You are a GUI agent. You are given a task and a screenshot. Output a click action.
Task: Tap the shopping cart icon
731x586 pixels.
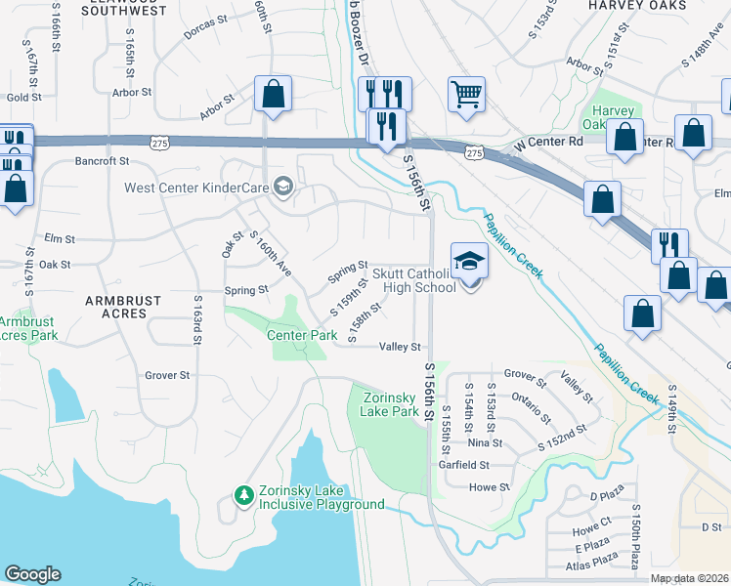467,96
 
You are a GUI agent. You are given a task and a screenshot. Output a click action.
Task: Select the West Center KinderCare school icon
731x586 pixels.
283,186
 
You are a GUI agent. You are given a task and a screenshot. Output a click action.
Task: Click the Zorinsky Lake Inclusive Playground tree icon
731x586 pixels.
243,496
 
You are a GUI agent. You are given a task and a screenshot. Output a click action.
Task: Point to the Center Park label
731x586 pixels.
302,335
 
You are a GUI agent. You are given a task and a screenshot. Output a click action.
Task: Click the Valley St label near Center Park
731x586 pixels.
400,347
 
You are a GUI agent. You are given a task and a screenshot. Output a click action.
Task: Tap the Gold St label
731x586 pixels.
22,98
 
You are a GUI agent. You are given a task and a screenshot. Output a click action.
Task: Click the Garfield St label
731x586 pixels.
477,467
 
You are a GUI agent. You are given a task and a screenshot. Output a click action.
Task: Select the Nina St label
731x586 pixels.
490,441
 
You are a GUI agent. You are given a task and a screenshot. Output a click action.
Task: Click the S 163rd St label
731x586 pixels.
197,318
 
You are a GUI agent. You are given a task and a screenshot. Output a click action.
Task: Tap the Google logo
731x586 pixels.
32,574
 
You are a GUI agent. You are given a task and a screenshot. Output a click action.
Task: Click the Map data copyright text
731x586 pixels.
689,578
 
